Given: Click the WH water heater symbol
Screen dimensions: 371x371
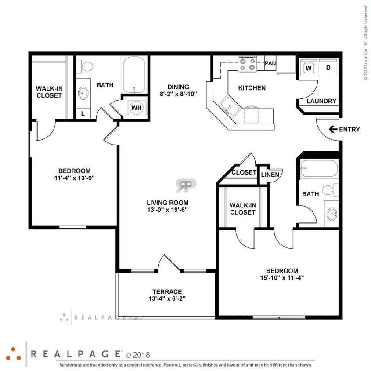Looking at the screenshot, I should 136,107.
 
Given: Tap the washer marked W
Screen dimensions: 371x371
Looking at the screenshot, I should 309,68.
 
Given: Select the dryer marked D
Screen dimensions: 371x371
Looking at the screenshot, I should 328,68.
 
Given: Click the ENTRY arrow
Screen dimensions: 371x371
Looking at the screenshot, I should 332,129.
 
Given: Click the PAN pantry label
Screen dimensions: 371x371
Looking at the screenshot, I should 270,63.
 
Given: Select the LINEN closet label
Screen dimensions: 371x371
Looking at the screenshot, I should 270,175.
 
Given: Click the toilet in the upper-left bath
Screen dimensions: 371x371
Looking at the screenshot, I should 86,67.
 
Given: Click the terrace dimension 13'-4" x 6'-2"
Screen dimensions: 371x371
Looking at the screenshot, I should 167,299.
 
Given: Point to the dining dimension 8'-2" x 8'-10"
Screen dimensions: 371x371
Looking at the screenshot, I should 178,94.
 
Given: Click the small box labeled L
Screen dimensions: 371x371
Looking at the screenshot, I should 82,113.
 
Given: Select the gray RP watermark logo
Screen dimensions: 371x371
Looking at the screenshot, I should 186,185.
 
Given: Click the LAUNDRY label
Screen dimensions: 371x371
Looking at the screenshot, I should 321,101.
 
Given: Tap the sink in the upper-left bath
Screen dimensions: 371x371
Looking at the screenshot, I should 83,93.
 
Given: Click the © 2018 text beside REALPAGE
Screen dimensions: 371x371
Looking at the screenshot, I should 138,354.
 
